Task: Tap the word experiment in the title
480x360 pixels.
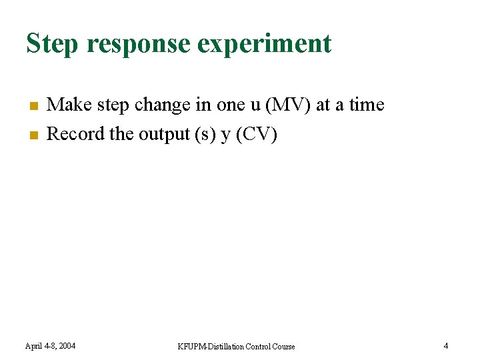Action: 265,44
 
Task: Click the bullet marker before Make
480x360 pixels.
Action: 31,106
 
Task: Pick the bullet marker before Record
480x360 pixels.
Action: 31,135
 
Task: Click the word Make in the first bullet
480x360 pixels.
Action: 69,105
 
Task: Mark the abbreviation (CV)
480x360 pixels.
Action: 256,134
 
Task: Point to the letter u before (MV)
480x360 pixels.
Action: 256,105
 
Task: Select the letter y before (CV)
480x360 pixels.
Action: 225,135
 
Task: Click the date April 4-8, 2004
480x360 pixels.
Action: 50,346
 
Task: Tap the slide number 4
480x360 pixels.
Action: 446,345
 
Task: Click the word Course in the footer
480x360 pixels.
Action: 283,347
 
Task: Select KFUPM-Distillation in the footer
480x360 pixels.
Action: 211,347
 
